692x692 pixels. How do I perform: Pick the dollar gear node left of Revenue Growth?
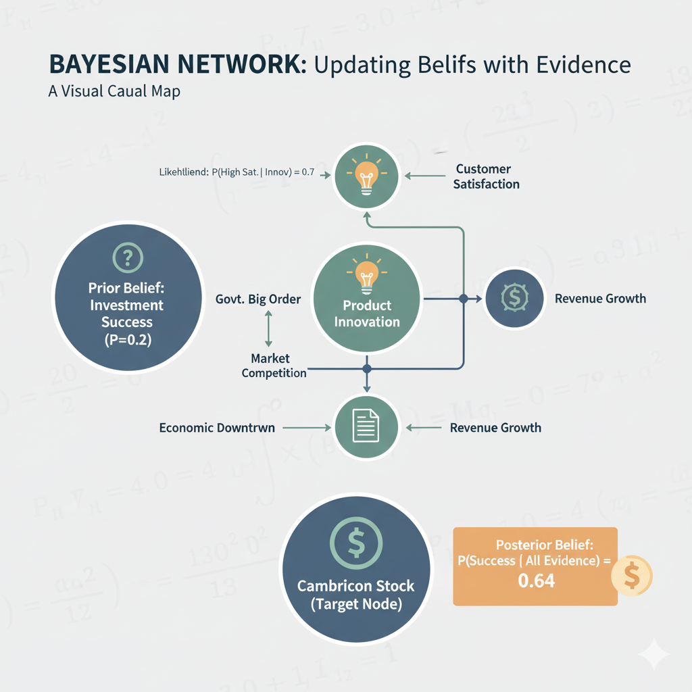512,298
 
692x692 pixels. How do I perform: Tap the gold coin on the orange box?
631,576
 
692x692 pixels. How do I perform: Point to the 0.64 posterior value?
535,579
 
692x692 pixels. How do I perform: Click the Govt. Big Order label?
257,298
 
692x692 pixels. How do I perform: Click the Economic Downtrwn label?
217,428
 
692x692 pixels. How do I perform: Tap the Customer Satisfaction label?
486,176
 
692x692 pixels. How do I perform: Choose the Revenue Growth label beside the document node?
495,428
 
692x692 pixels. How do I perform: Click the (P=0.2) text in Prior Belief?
127,341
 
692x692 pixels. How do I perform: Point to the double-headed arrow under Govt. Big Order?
269,329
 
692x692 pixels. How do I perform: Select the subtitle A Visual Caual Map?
114,91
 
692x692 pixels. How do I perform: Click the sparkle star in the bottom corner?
653,655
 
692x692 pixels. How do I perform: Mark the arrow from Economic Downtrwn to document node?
307,428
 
